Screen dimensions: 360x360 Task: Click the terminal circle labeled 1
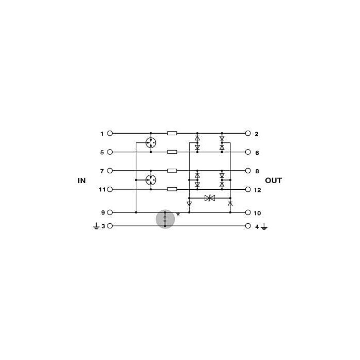click(x=110, y=133)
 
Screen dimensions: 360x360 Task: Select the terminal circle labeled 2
click(x=248, y=133)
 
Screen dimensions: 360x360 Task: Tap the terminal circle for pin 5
click(x=110, y=152)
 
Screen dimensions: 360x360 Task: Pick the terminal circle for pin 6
click(x=248, y=152)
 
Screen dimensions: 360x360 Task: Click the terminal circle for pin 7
click(x=110, y=171)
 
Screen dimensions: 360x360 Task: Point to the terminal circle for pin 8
click(x=248, y=171)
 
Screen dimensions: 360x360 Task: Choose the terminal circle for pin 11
click(x=110, y=189)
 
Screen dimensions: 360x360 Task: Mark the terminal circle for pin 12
click(x=248, y=189)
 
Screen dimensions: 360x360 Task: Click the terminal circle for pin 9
click(x=110, y=212)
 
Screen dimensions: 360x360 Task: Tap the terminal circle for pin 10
click(x=248, y=212)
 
